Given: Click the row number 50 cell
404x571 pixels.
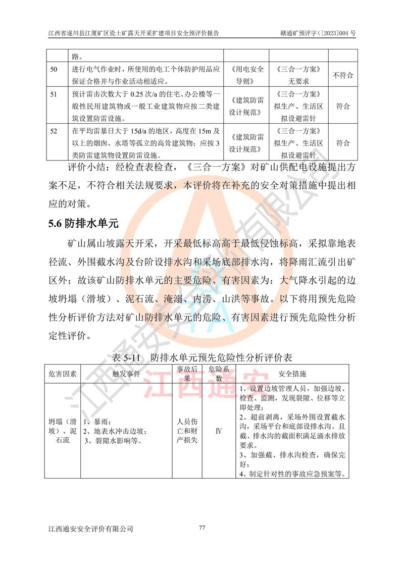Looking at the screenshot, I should tap(54, 69).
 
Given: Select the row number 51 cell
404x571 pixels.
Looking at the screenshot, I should tap(54, 94).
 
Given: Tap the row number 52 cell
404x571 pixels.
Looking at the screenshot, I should tap(54, 131).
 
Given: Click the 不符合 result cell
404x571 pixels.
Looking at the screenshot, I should tap(343, 75).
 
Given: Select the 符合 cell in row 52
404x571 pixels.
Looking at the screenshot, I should tap(343, 143).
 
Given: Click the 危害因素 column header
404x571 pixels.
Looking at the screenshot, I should tap(63, 374).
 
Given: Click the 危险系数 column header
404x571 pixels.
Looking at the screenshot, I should tap(219, 374).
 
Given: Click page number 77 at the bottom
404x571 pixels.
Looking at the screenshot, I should tap(202, 528).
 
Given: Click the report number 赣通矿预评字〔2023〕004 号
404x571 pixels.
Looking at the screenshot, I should tap(318, 33).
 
